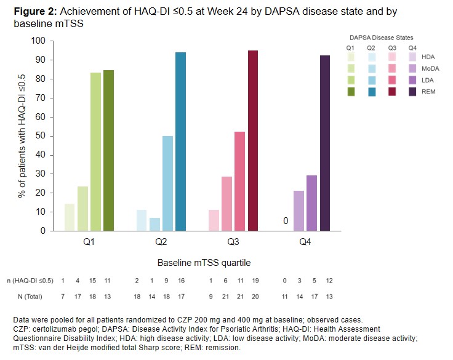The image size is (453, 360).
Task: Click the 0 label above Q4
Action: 286,221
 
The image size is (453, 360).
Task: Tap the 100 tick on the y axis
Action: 39,41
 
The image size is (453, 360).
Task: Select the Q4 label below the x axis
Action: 305,242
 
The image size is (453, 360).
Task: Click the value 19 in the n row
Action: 255,280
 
